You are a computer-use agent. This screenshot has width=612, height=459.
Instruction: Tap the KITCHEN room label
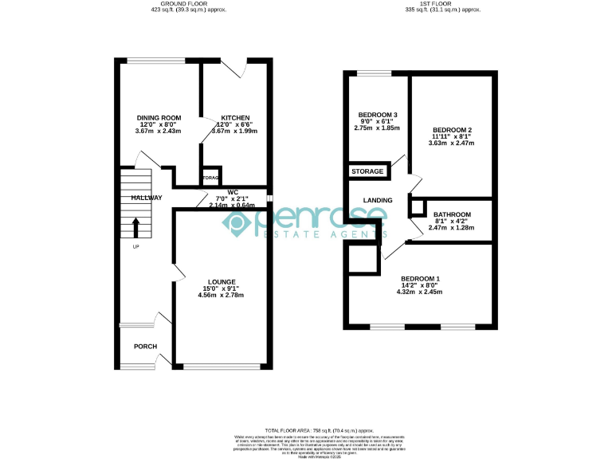coord(235,117)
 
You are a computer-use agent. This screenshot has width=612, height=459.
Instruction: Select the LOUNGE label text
coord(222,282)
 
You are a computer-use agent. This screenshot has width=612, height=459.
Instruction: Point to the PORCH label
coord(145,347)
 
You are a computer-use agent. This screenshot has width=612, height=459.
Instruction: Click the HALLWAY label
coord(136,198)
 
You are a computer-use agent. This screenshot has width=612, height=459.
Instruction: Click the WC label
coord(233,192)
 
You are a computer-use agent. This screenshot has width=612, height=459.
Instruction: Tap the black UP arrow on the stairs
coord(135,227)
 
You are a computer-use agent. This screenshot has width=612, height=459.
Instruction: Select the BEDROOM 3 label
coord(378,114)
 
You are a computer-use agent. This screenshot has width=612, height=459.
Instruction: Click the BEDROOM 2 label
coord(452,130)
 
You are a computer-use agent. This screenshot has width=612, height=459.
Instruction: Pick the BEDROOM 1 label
coord(420,278)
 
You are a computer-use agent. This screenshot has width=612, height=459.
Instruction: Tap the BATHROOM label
coord(452,214)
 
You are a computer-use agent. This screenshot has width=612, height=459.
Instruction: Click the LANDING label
coord(375,201)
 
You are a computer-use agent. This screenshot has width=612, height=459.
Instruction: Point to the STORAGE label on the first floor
coord(367,171)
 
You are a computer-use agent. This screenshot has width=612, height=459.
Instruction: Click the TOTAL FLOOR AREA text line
coord(306,430)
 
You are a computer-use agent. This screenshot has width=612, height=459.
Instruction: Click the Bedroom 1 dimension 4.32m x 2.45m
coord(420,292)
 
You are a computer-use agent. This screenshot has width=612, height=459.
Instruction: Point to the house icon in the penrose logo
coord(239,225)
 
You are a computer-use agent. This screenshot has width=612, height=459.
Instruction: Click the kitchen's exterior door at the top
coord(235,69)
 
